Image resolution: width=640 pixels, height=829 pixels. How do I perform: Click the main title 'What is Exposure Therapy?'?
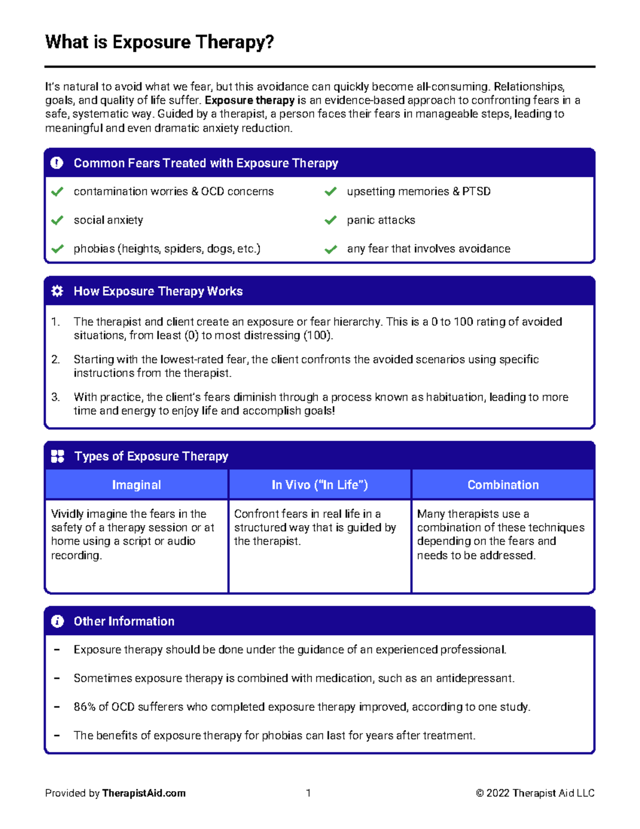pos(159,42)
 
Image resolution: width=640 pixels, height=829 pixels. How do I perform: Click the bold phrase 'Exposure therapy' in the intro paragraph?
pos(250,100)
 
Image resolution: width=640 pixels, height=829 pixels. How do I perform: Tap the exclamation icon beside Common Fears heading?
pos(57,163)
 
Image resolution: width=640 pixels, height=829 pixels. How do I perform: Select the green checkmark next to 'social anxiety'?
pos(57,220)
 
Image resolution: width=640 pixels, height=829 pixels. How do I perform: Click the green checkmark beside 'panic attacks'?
pos(331,220)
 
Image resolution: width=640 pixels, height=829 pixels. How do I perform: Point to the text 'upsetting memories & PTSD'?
pos(419,191)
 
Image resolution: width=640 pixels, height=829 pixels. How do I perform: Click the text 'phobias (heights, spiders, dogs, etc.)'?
pos(167,249)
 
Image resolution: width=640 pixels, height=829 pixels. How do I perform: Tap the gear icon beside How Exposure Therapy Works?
pos(57,291)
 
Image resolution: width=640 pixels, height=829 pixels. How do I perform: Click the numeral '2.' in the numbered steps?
pos(55,359)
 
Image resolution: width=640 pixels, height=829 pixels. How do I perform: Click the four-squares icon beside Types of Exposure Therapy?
pos(57,456)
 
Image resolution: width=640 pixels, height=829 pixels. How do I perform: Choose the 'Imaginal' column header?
pos(137,485)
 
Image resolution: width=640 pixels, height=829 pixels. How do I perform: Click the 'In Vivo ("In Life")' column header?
pos(319,485)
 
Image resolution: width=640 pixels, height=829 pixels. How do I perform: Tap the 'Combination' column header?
pos(503,485)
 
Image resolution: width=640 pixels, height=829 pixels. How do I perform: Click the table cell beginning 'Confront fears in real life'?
pos(315,527)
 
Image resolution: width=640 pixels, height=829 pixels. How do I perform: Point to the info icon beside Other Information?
pos(57,621)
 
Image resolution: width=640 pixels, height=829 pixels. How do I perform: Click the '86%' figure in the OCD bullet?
pos(84,707)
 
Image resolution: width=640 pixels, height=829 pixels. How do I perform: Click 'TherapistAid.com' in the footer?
pos(144,793)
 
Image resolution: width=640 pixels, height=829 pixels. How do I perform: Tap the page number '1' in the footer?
pos(308,793)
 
